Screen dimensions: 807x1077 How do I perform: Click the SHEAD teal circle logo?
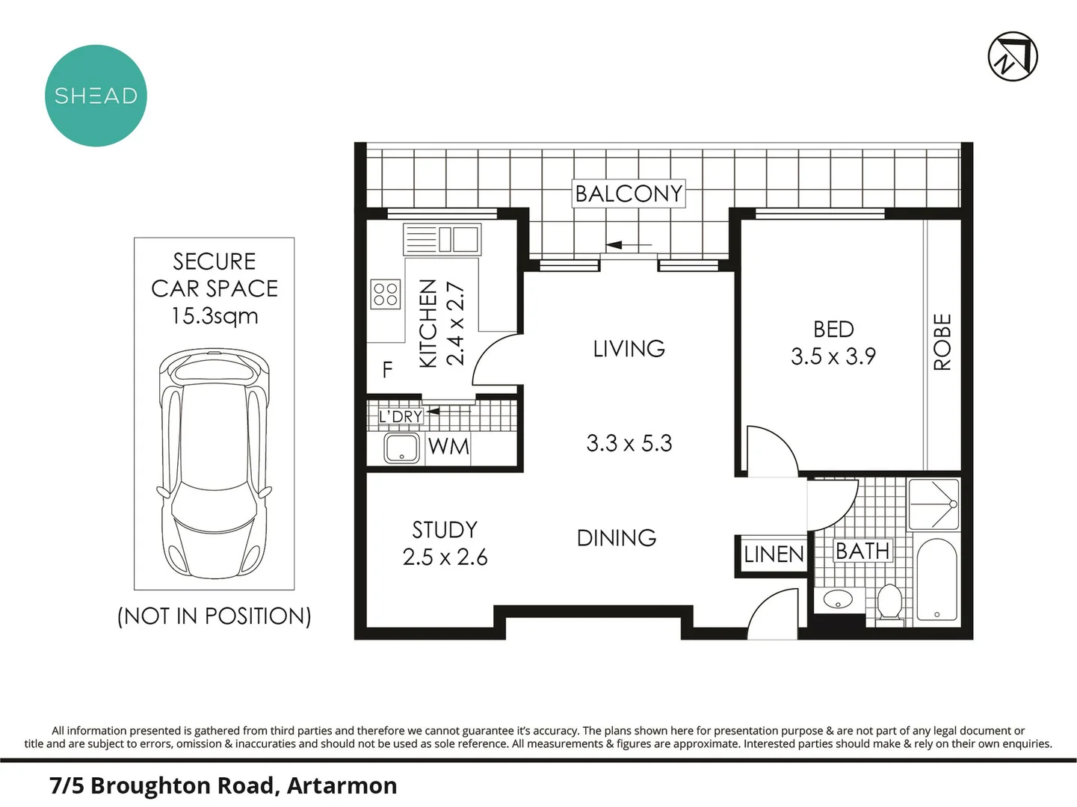tap(96, 96)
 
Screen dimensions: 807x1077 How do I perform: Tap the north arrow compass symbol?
tap(1013, 56)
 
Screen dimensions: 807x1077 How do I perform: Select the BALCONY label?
tap(629, 194)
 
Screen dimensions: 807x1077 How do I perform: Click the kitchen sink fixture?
tap(442, 239)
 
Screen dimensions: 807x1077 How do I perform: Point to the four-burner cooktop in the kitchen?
tap(386, 294)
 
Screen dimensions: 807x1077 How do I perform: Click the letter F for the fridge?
tap(387, 369)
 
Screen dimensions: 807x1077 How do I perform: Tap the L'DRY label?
tap(400, 416)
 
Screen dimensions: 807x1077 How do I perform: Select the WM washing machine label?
tap(448, 447)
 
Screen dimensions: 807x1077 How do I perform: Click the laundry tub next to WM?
tap(402, 448)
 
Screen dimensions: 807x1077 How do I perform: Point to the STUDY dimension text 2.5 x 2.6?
tap(445, 557)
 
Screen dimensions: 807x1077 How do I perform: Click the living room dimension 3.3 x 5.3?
tap(629, 443)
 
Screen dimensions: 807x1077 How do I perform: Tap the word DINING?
tap(617, 538)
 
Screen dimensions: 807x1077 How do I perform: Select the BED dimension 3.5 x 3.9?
tap(833, 356)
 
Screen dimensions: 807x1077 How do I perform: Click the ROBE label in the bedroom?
tap(942, 342)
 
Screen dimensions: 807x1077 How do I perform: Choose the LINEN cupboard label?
tap(774, 554)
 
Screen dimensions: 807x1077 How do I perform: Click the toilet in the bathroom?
tap(889, 602)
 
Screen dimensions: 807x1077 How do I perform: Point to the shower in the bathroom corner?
tap(933, 504)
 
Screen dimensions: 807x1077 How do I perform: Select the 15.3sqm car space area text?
tap(215, 316)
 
